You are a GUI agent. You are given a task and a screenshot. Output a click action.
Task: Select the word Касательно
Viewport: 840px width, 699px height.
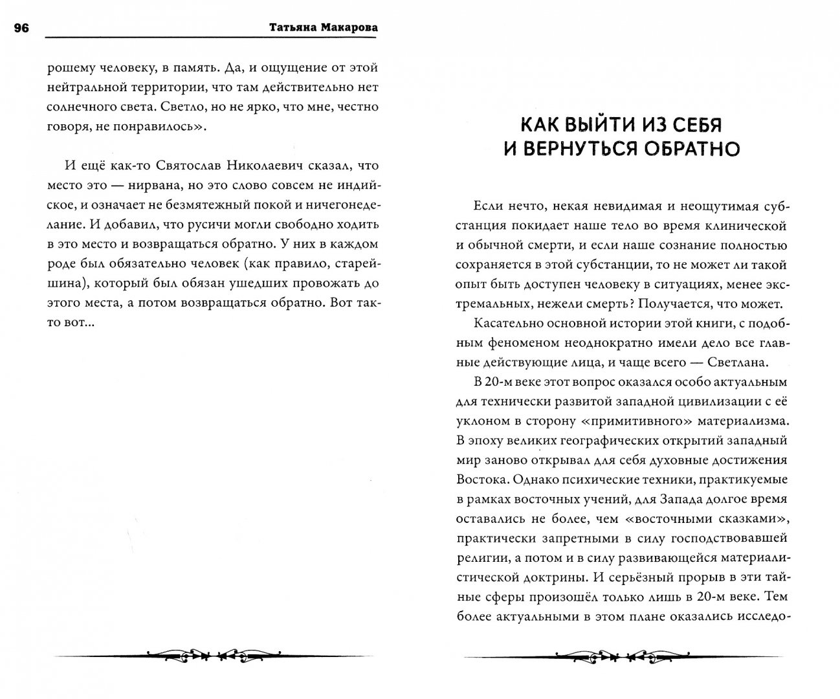click(x=507, y=323)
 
